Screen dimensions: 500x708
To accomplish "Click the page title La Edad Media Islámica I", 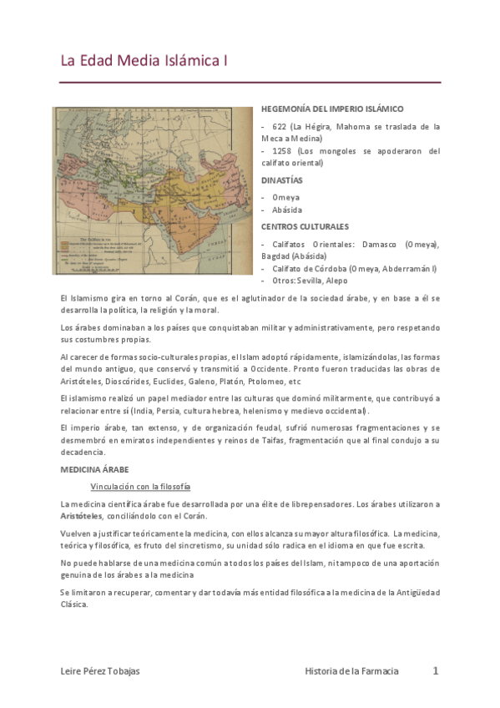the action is [144, 61].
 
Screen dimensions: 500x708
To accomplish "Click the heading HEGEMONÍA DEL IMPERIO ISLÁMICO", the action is [332, 109].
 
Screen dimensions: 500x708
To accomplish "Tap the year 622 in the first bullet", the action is [279, 127].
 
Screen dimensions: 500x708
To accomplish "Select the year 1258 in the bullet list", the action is [283, 151].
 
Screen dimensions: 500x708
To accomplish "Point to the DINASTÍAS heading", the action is [281, 180].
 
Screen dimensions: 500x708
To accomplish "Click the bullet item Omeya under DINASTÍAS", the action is [285, 198].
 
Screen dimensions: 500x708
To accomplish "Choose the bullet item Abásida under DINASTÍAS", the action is [287, 210].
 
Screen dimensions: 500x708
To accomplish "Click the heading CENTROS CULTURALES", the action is [305, 226].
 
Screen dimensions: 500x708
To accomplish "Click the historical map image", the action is [152, 190].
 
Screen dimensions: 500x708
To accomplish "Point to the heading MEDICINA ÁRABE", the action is [93, 470].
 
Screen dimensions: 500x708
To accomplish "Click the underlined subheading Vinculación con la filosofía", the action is [140, 487].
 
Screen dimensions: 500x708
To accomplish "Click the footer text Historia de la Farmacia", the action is [351, 671].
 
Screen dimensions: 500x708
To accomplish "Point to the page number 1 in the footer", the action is [435, 670].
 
